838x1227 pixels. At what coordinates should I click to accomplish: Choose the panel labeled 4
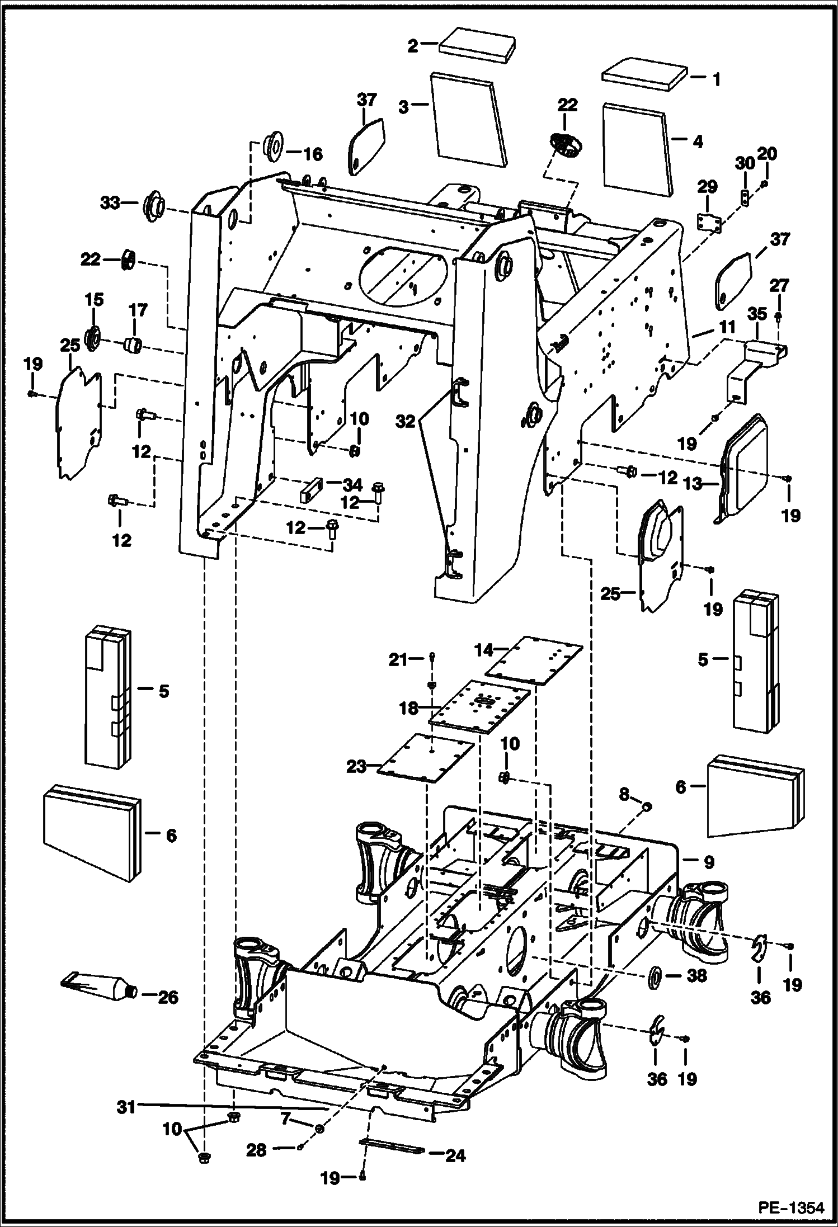637,149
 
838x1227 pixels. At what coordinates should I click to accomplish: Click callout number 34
352,484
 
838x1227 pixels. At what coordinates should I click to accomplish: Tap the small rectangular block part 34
312,490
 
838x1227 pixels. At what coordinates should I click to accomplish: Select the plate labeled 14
533,660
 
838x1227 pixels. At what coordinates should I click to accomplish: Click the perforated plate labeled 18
480,706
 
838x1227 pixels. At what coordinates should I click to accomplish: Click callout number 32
406,422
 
